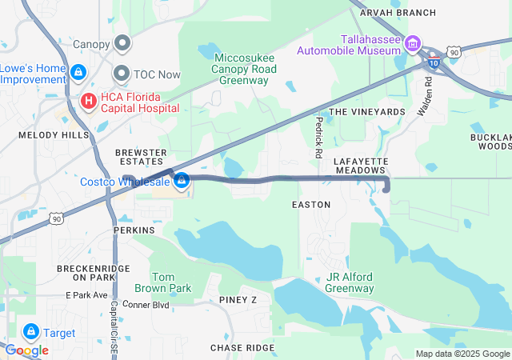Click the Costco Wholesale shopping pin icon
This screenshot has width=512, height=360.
182,182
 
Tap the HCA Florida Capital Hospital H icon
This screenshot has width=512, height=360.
90,102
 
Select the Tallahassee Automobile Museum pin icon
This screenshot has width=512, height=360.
413,44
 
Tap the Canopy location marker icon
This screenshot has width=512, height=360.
122,43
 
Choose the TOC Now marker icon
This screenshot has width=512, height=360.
122,73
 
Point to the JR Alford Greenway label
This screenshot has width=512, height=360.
350,282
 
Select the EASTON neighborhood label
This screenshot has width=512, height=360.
311,205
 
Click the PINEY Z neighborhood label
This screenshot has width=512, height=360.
238,300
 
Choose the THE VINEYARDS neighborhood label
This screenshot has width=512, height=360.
366,112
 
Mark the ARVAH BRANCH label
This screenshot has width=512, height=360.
398,13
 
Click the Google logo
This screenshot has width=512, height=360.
26,350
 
